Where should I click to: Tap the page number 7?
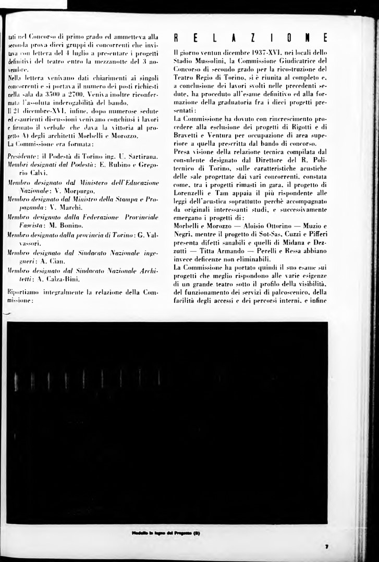[x=326, y=546]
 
